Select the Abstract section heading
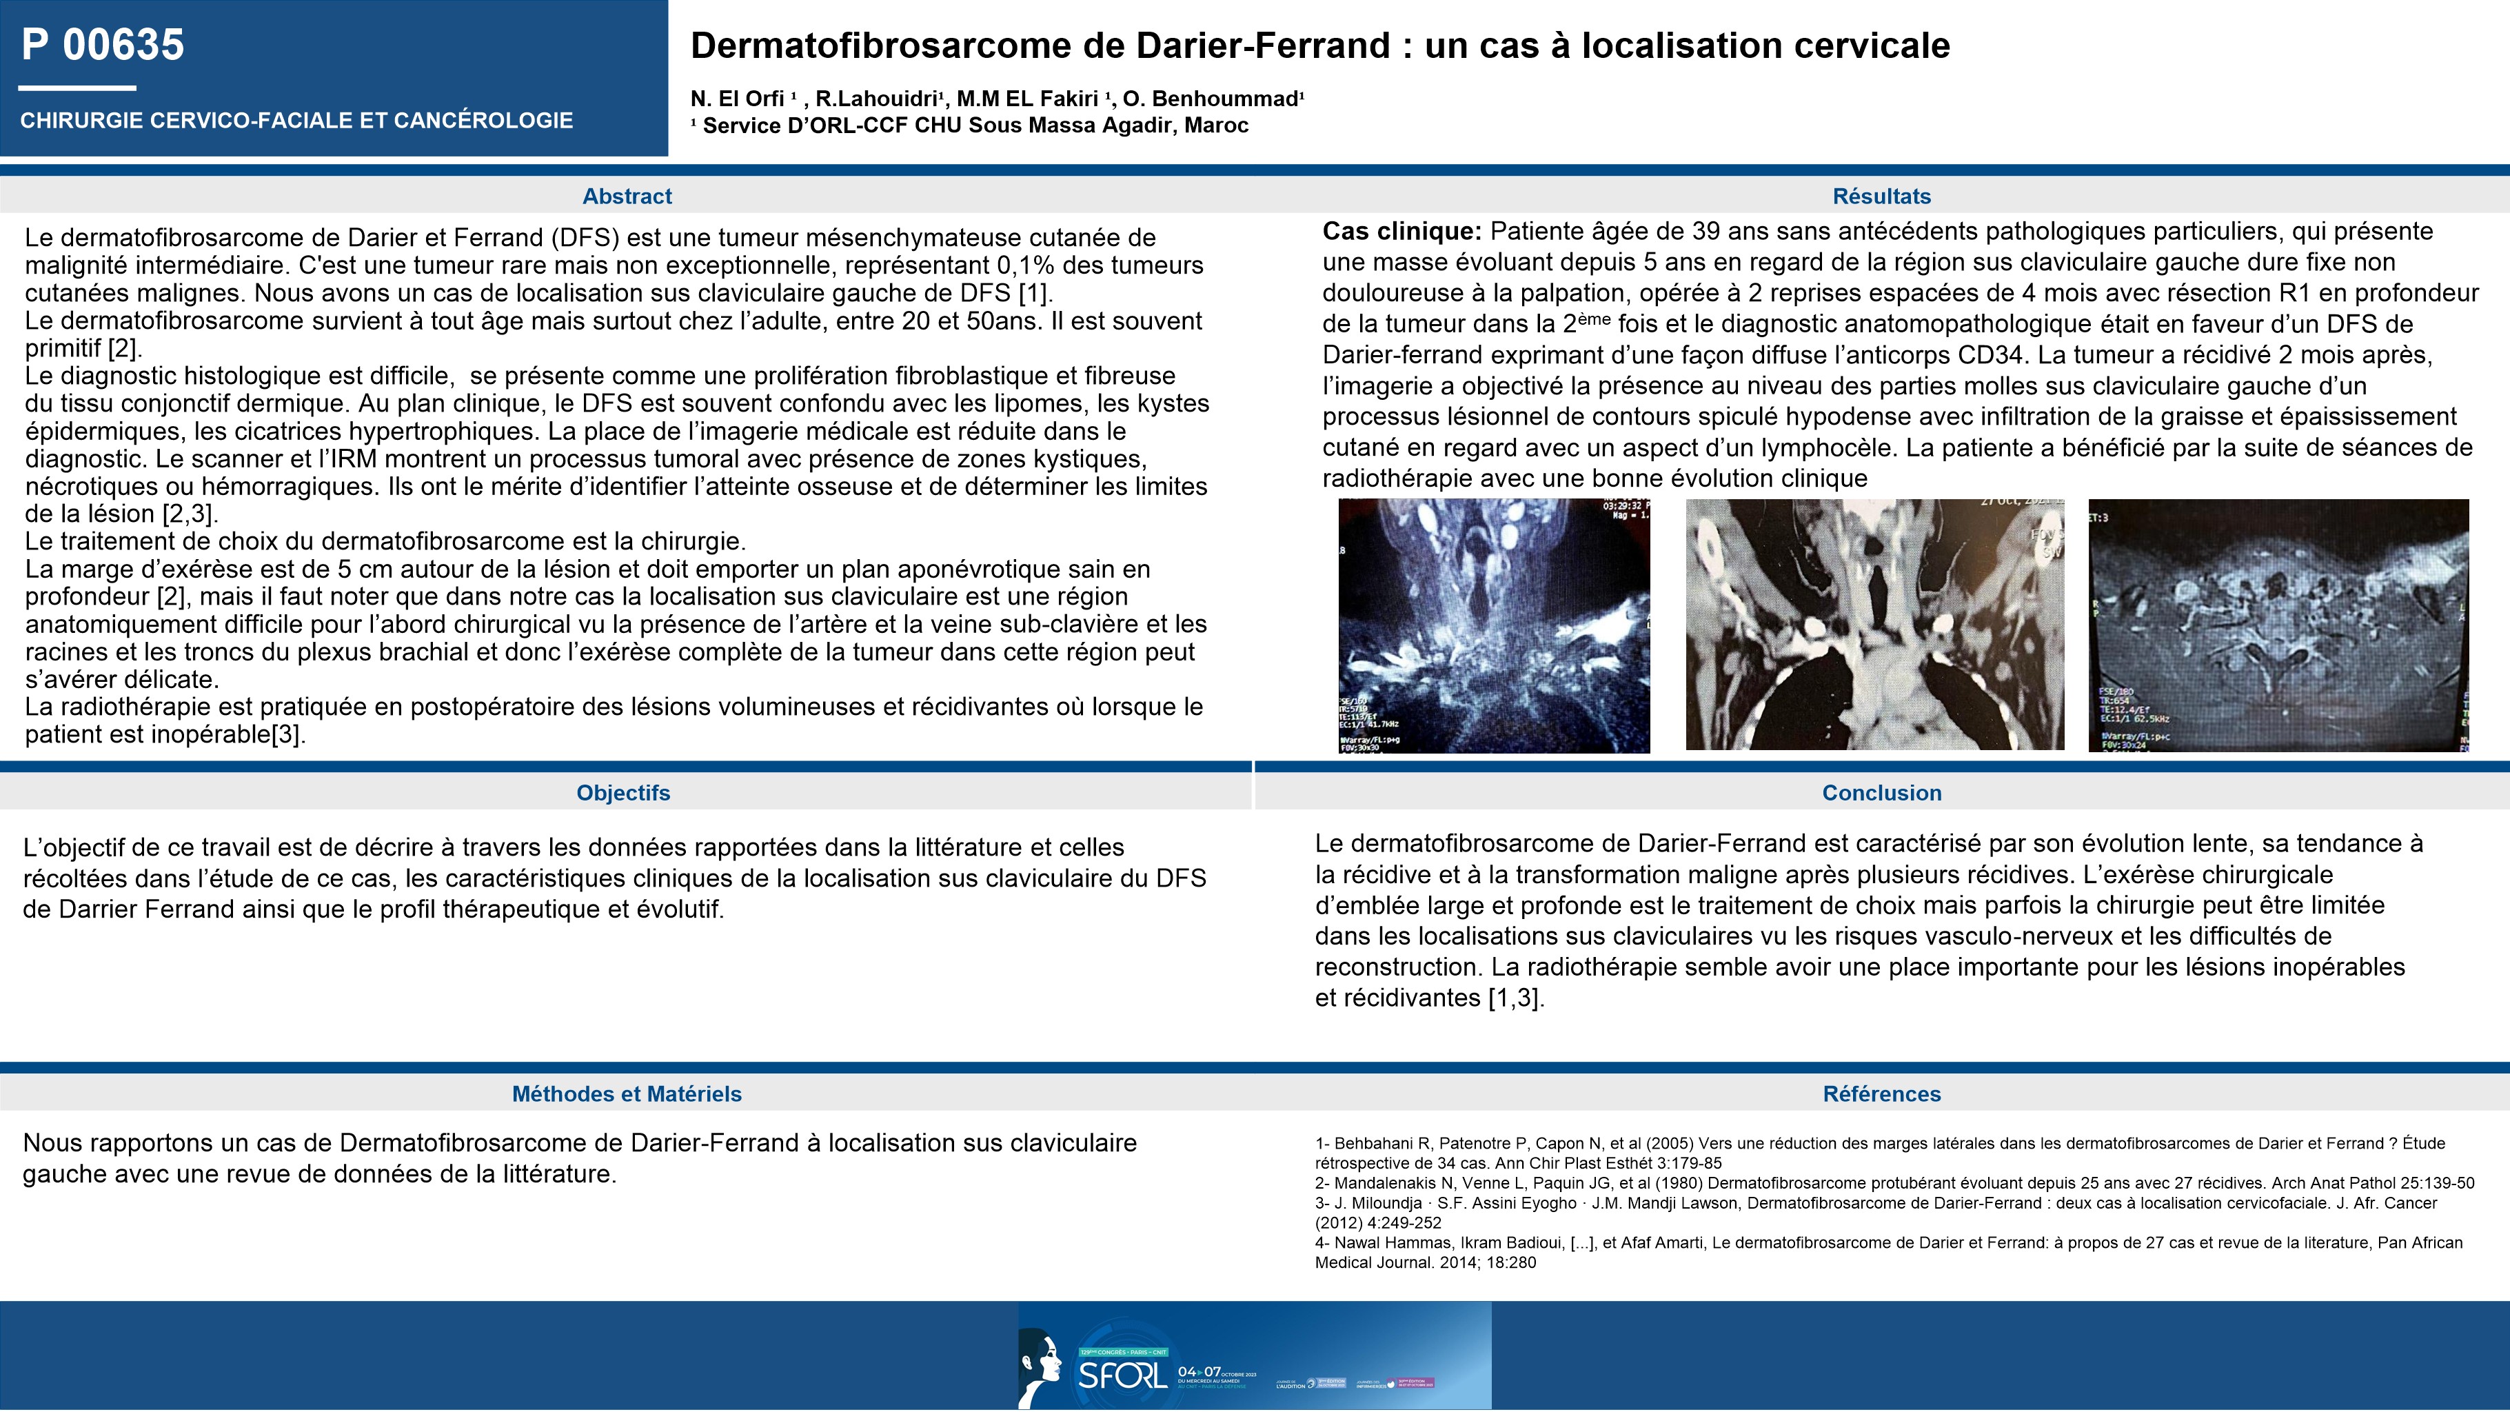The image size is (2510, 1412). point(627,196)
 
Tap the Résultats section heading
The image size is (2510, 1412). point(1881,196)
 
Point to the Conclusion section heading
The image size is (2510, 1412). point(1881,792)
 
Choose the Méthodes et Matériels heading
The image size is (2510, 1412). point(627,1093)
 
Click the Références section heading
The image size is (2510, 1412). point(1881,1093)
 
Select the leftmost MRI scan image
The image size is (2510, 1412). point(1494,625)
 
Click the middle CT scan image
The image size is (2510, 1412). point(1874,625)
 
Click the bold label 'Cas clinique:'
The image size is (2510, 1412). point(1401,231)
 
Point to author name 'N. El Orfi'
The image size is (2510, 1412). point(737,99)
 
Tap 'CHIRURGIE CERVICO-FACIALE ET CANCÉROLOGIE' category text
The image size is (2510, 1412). point(296,120)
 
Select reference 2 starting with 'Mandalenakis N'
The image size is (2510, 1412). point(1894,1183)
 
